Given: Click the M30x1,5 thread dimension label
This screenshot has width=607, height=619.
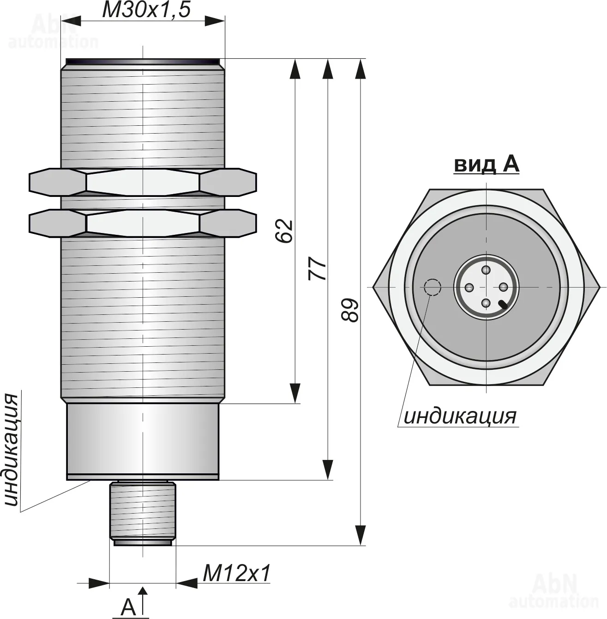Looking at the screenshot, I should coord(146,10).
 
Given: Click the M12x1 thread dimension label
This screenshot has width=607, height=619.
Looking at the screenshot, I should coord(236,574).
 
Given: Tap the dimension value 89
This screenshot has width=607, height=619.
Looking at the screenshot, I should coord(349,310).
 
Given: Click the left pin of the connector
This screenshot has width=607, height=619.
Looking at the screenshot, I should coord(469,288).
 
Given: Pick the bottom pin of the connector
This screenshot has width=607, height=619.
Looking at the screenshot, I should coord(486,303).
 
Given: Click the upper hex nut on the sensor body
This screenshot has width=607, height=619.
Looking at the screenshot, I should coord(143,182).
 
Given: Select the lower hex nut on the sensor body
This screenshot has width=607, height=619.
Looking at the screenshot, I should coord(143,223).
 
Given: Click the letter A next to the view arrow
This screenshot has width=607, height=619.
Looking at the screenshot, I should coord(128,607).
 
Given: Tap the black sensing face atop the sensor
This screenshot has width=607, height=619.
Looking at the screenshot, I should coord(143,62).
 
